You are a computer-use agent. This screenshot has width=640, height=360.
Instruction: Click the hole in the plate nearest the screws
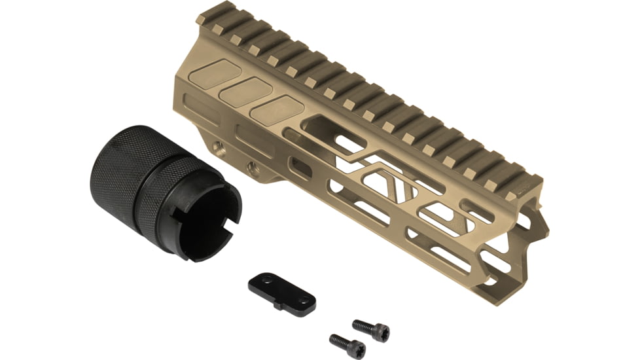303,299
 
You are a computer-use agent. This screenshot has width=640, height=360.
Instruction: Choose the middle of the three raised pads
245,92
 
